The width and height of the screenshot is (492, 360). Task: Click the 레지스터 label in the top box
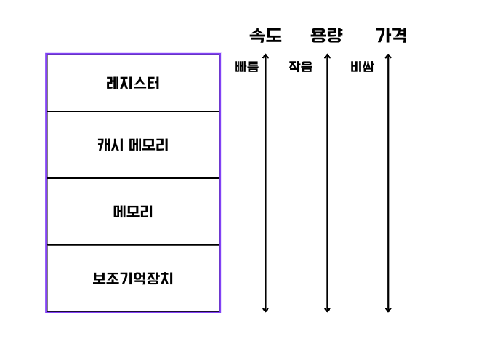pyautogui.click(x=132, y=83)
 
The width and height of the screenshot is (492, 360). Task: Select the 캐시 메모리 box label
pyautogui.click(x=132, y=145)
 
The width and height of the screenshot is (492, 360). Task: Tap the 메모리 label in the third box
pyautogui.click(x=132, y=212)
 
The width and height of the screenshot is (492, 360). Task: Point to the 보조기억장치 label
pyautogui.click(x=132, y=279)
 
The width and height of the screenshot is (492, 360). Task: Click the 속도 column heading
pyautogui.click(x=265, y=36)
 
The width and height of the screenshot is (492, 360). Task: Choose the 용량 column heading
pyautogui.click(x=326, y=36)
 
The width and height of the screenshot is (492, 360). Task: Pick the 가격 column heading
pyautogui.click(x=390, y=36)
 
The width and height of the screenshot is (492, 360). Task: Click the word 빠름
pyautogui.click(x=246, y=68)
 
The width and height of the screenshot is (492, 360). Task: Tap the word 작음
pyautogui.click(x=300, y=68)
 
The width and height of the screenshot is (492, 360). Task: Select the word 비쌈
pyautogui.click(x=361, y=68)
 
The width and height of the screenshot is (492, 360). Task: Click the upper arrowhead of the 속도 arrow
pyautogui.click(x=265, y=56)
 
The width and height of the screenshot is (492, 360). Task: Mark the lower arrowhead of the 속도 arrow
pyautogui.click(x=265, y=309)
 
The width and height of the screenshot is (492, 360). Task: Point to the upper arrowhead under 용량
pyautogui.click(x=327, y=56)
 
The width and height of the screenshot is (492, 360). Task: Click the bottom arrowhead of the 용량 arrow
pyautogui.click(x=327, y=309)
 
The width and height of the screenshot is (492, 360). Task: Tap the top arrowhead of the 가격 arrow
pyautogui.click(x=388, y=56)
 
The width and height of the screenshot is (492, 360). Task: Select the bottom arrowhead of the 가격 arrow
pyautogui.click(x=388, y=309)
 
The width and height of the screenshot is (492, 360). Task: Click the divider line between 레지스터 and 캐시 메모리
pyautogui.click(x=132, y=111)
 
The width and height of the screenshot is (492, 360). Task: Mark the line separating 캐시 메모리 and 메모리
pyautogui.click(x=132, y=178)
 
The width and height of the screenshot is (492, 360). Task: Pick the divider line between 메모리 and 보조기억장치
pyautogui.click(x=132, y=245)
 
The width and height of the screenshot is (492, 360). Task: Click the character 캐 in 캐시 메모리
pyautogui.click(x=104, y=145)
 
